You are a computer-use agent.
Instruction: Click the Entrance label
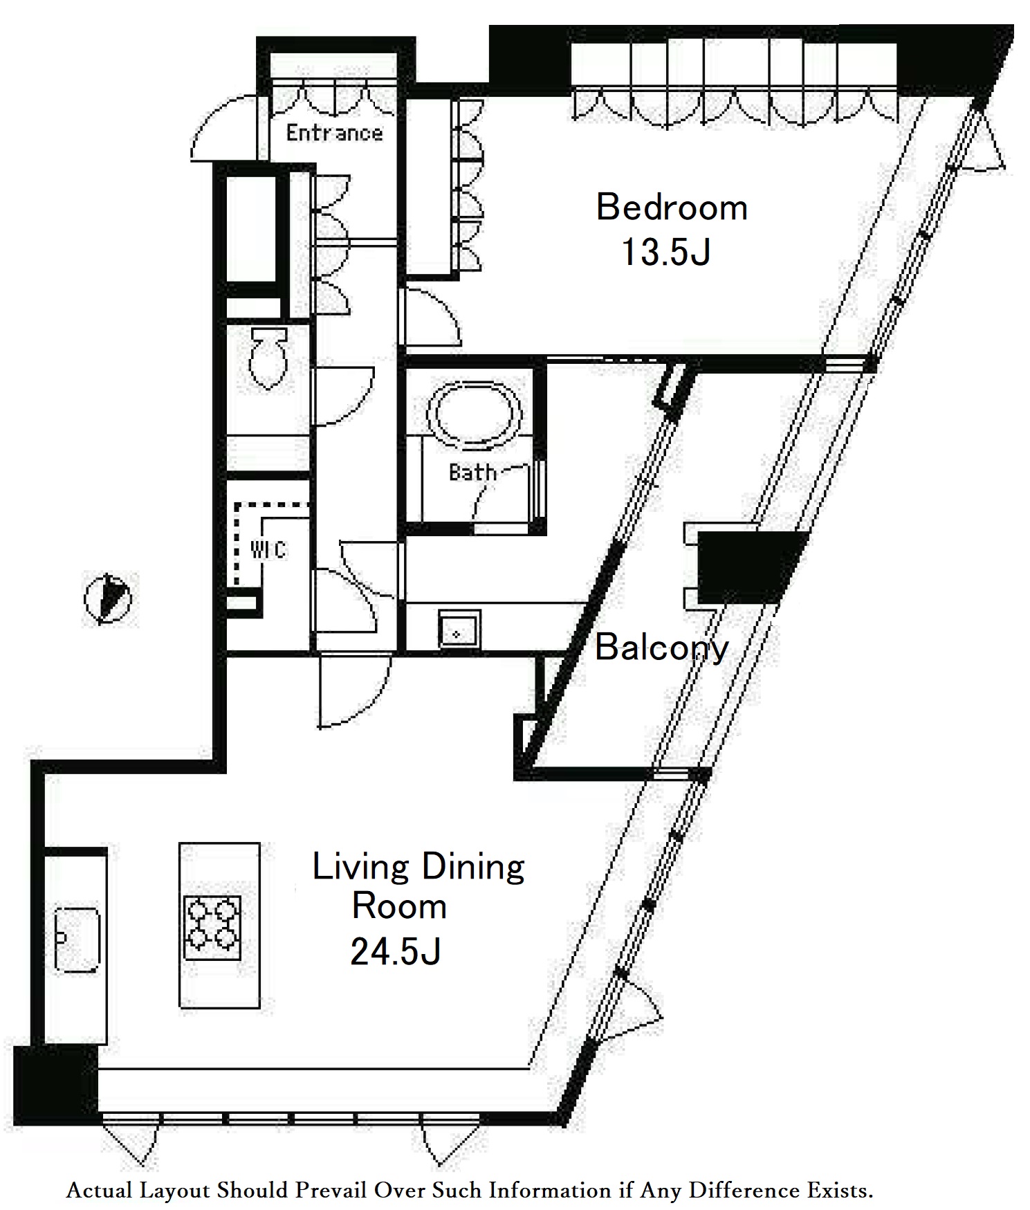(x=334, y=132)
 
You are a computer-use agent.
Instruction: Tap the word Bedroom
(x=672, y=208)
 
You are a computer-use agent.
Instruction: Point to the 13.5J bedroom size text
(x=666, y=252)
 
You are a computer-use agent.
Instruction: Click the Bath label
(x=472, y=473)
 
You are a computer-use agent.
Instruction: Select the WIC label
(x=268, y=550)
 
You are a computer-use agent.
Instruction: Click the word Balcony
(x=661, y=648)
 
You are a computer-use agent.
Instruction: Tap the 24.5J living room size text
(x=396, y=952)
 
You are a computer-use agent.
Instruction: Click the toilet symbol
(x=268, y=358)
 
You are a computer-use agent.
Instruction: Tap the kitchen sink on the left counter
(x=77, y=939)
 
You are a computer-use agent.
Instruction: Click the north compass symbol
(x=108, y=598)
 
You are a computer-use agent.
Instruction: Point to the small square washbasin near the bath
(x=459, y=630)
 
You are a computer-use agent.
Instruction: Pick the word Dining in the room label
(x=472, y=868)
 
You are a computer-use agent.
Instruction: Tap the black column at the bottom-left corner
(x=56, y=1086)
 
